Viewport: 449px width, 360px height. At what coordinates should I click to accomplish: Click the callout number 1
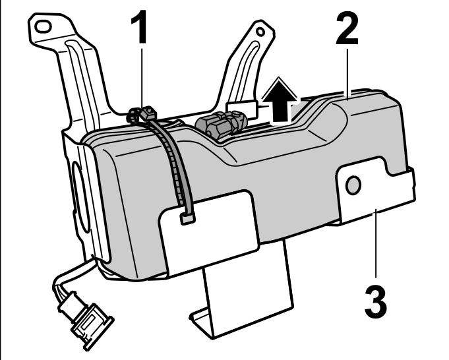click(x=139, y=26)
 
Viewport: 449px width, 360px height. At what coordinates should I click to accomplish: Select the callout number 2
click(x=347, y=29)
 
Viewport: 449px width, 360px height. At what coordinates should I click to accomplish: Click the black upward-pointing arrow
click(x=280, y=101)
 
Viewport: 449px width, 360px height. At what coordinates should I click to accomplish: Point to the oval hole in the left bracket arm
click(x=43, y=26)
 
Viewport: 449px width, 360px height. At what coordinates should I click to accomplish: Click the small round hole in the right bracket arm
click(x=260, y=32)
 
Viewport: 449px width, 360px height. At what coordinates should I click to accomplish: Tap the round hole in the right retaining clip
click(x=353, y=185)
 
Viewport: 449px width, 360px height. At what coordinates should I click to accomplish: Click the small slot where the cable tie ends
click(x=187, y=219)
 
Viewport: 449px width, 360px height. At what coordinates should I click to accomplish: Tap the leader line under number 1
click(x=142, y=78)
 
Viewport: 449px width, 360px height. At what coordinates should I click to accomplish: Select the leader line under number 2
click(x=347, y=75)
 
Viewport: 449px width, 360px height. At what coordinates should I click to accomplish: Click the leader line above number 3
click(x=376, y=243)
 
